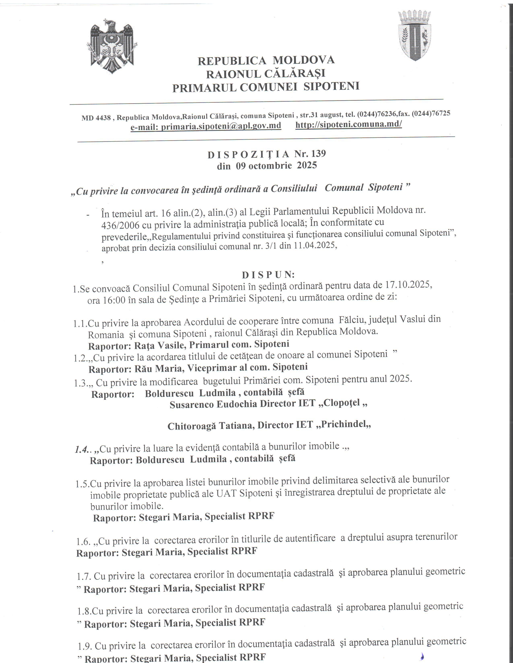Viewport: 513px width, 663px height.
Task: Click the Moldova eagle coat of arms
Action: [112, 46]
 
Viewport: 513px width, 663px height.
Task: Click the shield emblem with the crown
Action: [415, 36]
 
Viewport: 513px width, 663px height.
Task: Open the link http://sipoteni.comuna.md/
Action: [349, 124]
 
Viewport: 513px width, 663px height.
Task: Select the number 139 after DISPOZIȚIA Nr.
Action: [318, 154]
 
